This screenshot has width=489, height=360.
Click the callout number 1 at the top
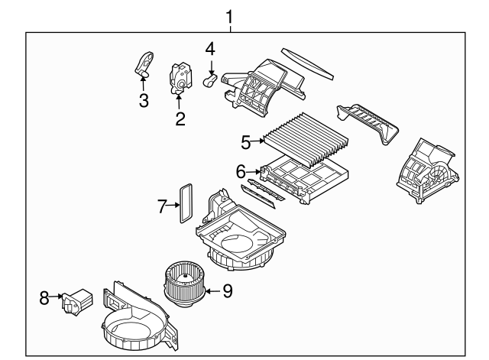230,15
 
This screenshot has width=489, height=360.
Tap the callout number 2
180,118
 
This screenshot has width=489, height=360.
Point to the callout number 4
209,50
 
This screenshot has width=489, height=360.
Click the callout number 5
245,141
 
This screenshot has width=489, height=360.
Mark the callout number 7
162,205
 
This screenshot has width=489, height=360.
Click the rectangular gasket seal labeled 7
184,201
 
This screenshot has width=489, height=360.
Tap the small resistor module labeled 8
76,300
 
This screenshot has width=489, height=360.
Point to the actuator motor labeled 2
181,76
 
